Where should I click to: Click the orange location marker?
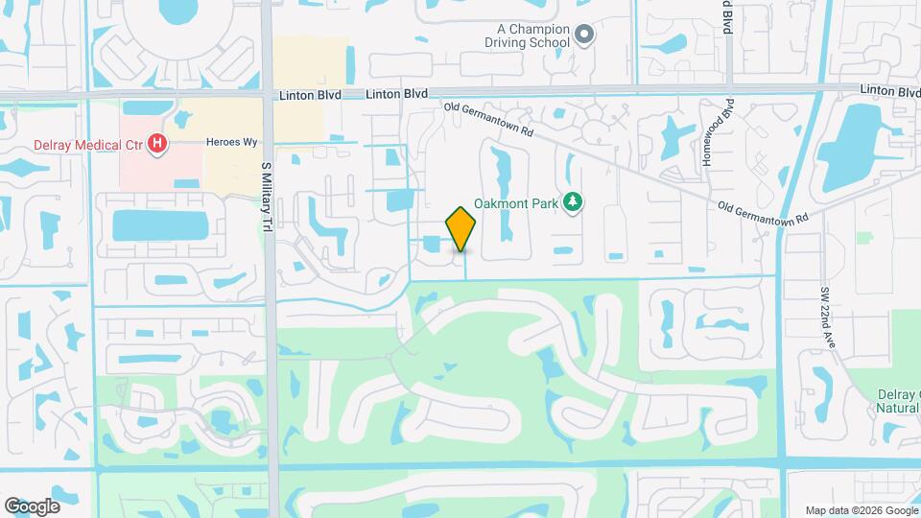coord(461,229)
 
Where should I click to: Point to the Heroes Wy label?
coord(232,142)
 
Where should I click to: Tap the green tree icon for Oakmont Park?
coord(574,201)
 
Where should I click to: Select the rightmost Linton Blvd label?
coord(889,90)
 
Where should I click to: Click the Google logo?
coord(32,506)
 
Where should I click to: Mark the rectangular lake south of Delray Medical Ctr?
coord(160,225)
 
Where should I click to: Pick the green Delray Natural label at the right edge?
coord(899,400)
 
